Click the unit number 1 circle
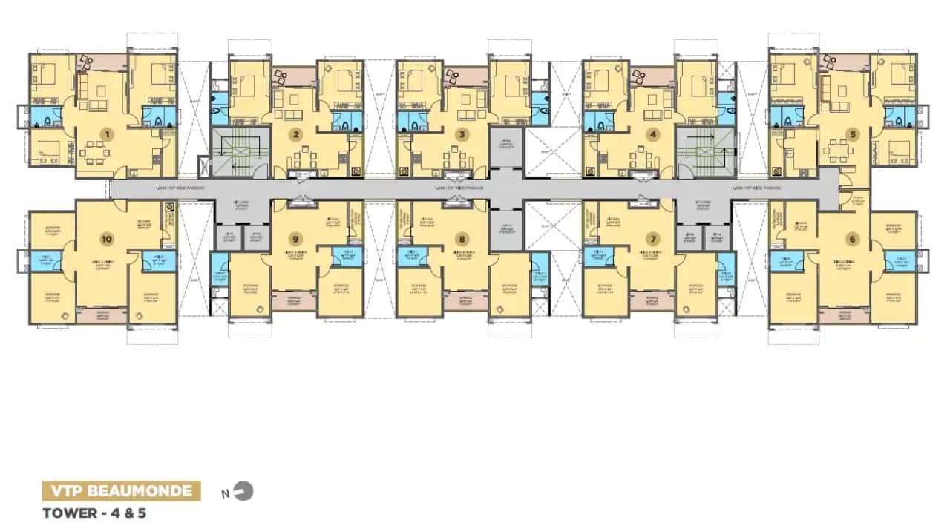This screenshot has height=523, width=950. [108, 134]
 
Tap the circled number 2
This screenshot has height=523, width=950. [296, 134]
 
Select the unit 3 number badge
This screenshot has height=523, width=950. [462, 134]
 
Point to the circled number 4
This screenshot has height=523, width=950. [652, 134]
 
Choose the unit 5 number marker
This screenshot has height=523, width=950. [853, 134]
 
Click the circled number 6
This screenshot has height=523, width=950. [851, 238]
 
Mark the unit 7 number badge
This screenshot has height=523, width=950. [652, 238]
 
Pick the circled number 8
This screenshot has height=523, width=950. [462, 238]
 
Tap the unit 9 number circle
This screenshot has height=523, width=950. [296, 238]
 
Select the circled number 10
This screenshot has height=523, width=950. [108, 238]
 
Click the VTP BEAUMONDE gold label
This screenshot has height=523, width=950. [121, 490]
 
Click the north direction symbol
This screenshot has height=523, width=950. [244, 490]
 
